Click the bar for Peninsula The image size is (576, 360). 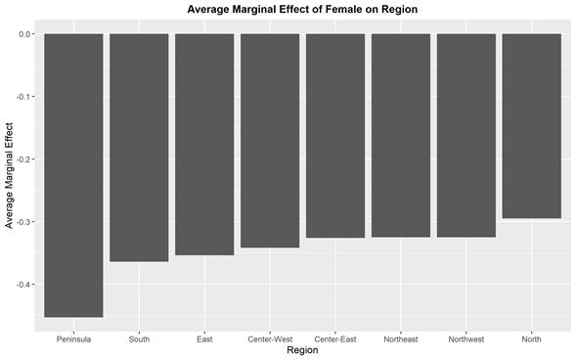click(73, 175)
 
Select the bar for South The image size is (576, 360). click(139, 148)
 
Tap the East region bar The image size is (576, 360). click(204, 144)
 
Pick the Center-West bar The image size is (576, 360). click(270, 140)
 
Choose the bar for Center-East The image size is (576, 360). click(335, 136)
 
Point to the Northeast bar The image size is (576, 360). click(401, 135)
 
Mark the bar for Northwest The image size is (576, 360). click(466, 135)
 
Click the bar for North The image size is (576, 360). click(532, 126)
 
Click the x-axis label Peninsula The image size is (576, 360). click(73, 338)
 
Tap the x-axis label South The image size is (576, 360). click(139, 338)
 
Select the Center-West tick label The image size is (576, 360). click(270, 338)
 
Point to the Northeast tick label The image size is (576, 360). click(401, 338)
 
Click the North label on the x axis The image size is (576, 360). click(532, 338)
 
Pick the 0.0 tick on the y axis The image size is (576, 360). click(26, 34)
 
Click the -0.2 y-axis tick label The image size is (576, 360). click(25, 159)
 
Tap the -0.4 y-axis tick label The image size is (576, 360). click(25, 285)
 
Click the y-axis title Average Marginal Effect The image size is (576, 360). click(10, 175)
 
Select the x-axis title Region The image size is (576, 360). click(302, 350)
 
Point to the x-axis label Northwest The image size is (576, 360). click(466, 338)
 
